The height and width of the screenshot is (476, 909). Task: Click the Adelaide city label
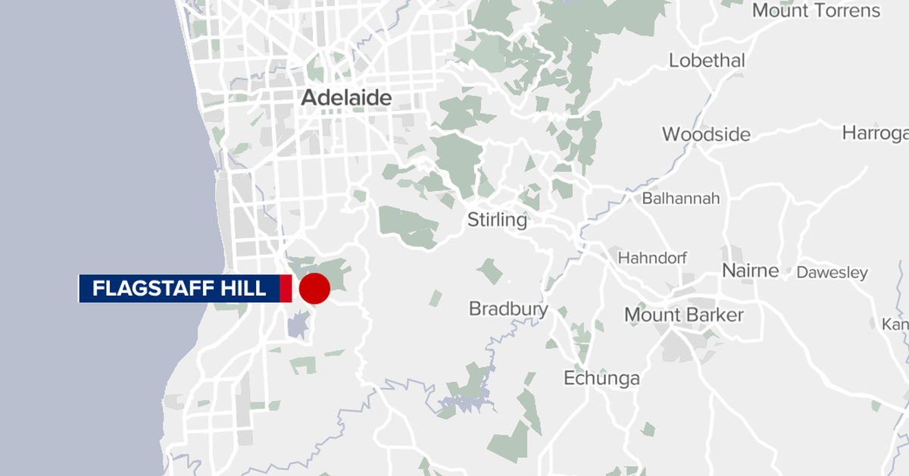tap(346, 98)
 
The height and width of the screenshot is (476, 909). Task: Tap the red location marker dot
tap(314, 289)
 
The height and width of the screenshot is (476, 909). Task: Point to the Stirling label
tap(497, 221)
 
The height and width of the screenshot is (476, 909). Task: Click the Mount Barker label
tap(683, 315)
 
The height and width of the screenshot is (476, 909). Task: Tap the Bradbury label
tap(508, 308)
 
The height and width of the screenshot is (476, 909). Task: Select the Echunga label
tap(601, 378)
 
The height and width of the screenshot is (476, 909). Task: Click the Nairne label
tap(750, 271)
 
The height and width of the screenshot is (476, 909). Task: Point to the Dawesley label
tap(832, 272)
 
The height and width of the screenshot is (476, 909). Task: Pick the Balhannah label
tap(680, 199)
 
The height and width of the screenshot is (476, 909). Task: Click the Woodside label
tap(706, 135)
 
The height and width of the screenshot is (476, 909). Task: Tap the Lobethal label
tap(707, 61)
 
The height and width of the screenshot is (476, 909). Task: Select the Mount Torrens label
tap(816, 11)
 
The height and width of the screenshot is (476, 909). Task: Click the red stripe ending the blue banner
tap(286, 289)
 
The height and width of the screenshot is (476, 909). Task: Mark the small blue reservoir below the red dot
tap(298, 327)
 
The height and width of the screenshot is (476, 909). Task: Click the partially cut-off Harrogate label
tap(875, 133)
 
